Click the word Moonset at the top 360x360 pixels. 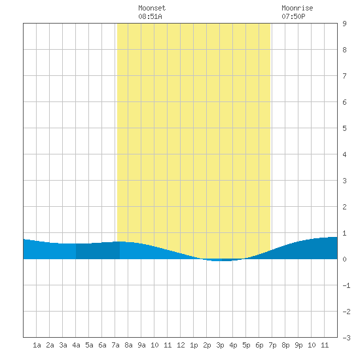[x=152, y=8]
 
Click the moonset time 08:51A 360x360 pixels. [x=150, y=16]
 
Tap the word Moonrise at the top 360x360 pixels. [x=297, y=8]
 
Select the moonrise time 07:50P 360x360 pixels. [x=293, y=16]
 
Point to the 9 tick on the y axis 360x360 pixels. [x=344, y=24]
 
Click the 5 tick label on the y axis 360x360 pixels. [x=344, y=128]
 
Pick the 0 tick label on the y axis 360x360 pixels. [x=344, y=259]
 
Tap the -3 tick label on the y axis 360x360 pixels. [x=346, y=338]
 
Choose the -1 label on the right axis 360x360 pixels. [x=346, y=285]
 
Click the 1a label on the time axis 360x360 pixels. [x=37, y=345]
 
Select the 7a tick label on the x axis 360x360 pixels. [x=115, y=345]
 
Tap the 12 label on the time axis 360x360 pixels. [x=181, y=345]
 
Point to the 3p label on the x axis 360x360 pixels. [x=220, y=345]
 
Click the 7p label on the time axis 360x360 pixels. [x=272, y=345]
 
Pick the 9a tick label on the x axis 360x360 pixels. [x=141, y=345]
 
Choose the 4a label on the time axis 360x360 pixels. [x=76, y=345]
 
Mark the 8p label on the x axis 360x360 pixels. [x=285, y=345]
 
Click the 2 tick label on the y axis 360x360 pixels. [x=344, y=207]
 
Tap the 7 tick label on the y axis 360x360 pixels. [x=344, y=76]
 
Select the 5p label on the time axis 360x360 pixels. [x=246, y=345]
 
